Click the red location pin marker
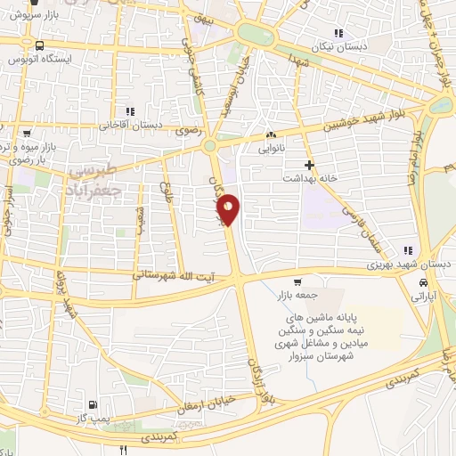229,209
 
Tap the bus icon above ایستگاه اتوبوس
39,45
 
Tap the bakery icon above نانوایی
272,135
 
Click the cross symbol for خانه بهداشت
309,165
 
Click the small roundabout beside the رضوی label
210,146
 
